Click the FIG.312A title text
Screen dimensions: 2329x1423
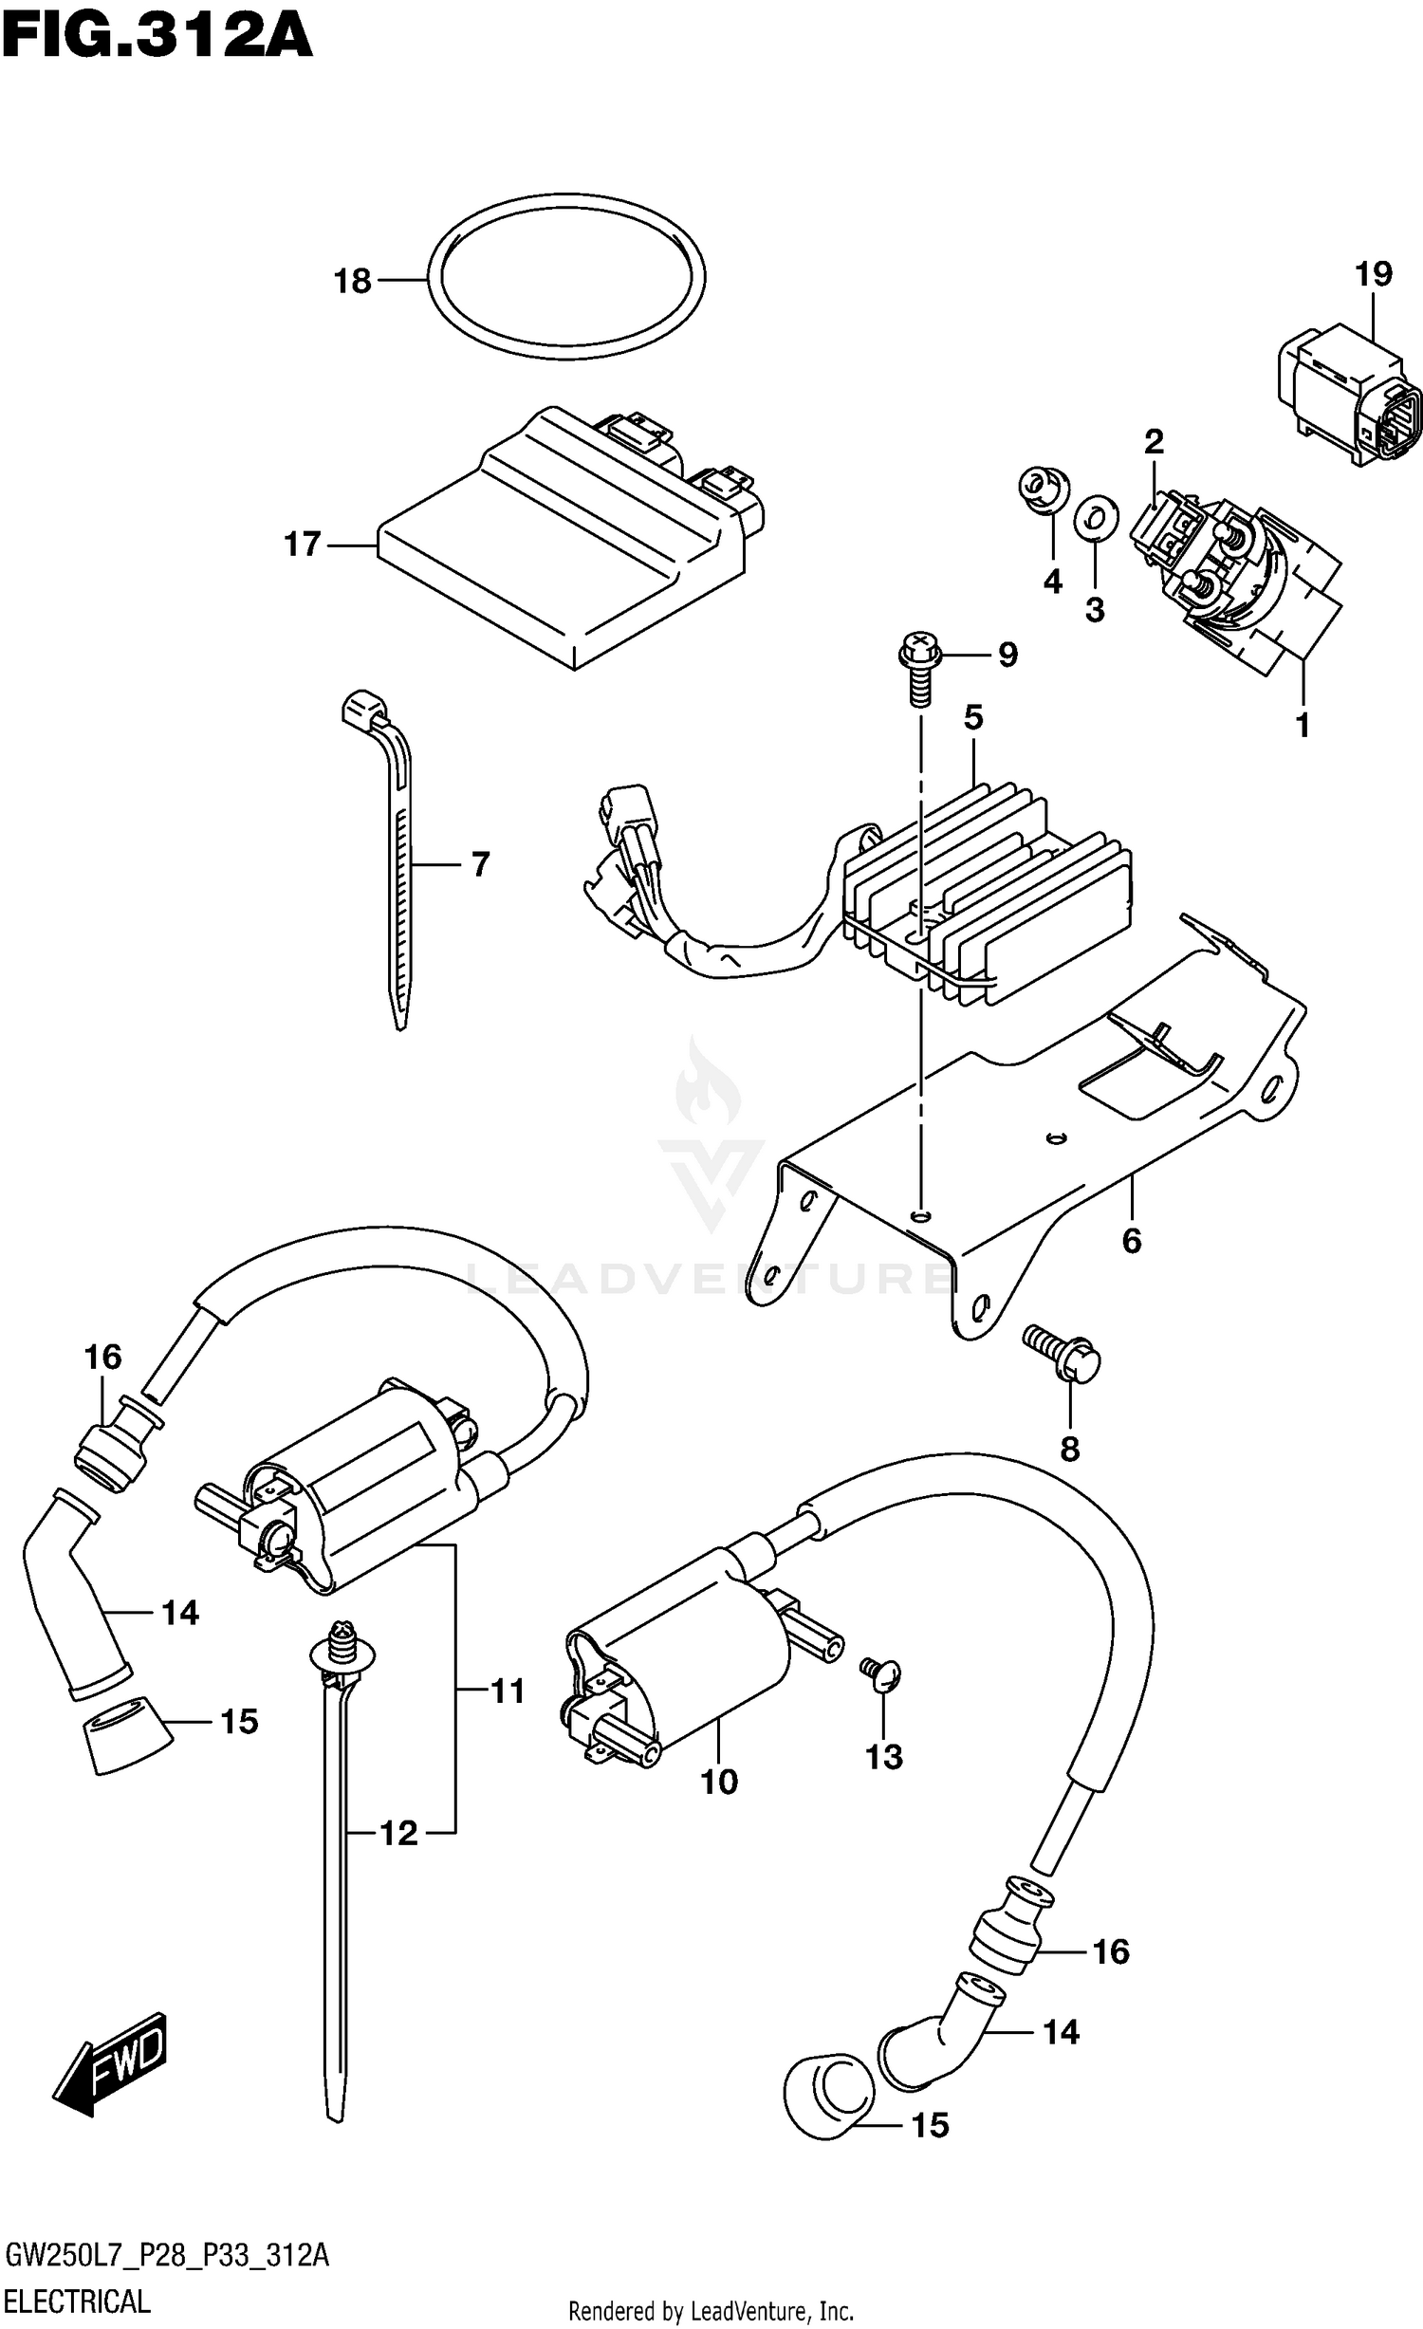click(157, 38)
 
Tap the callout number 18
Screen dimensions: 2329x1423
click(353, 281)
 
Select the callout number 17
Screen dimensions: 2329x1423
click(304, 545)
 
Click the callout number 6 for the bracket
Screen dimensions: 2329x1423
click(1131, 1240)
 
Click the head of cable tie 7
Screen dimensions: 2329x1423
click(363, 708)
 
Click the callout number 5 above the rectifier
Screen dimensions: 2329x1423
click(974, 717)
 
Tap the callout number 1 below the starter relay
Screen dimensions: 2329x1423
click(1303, 725)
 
